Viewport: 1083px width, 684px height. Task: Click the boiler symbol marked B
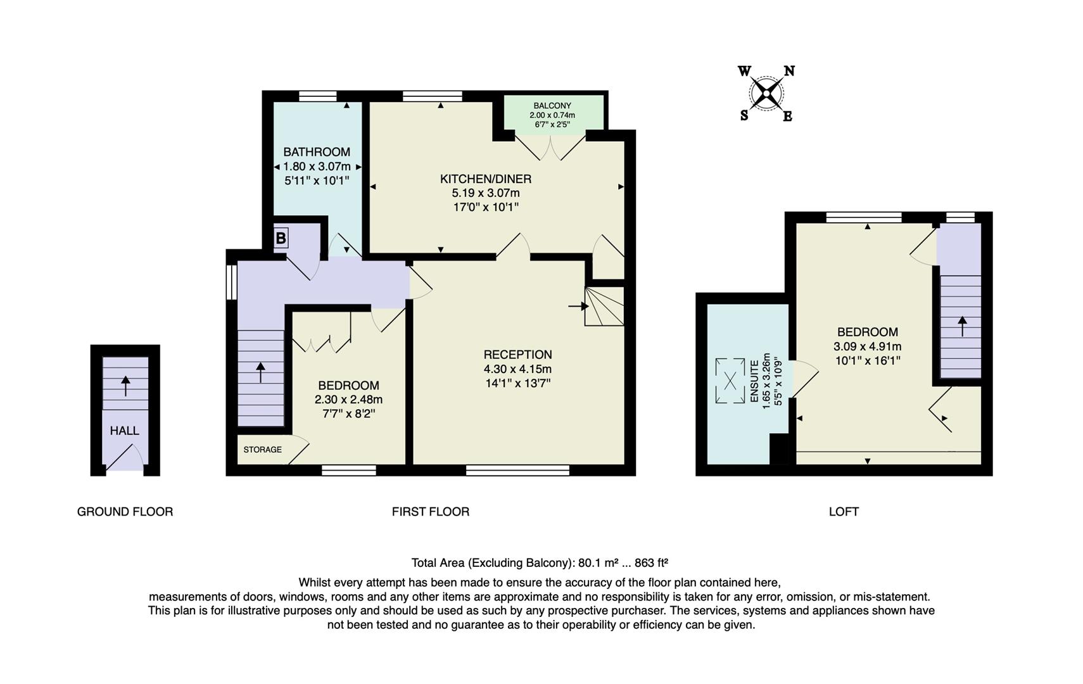pyautogui.click(x=281, y=239)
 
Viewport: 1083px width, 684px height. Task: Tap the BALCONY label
pyautogui.click(x=552, y=106)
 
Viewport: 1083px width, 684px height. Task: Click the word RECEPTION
pyautogui.click(x=517, y=355)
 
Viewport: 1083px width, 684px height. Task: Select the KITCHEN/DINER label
pyautogui.click(x=485, y=179)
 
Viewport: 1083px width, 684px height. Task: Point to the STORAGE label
pyautogui.click(x=262, y=450)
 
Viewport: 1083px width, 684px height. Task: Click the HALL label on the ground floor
pyautogui.click(x=124, y=431)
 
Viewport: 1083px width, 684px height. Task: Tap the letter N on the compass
pyautogui.click(x=789, y=71)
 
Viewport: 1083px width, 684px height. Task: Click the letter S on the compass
pyautogui.click(x=744, y=115)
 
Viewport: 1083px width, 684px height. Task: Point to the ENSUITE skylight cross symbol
pyautogui.click(x=730, y=381)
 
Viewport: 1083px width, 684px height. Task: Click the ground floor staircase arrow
pyautogui.click(x=125, y=385)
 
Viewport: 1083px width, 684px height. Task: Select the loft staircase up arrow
pyautogui.click(x=962, y=326)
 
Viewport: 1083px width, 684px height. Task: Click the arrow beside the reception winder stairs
pyautogui.click(x=578, y=307)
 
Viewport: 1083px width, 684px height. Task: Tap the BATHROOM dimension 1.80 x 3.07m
pyautogui.click(x=317, y=167)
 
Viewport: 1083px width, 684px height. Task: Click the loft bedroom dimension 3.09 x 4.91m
pyautogui.click(x=867, y=346)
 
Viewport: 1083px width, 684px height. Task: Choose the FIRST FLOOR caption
pyautogui.click(x=430, y=512)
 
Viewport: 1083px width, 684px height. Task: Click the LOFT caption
pyautogui.click(x=843, y=512)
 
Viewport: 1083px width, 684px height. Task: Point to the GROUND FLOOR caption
pyautogui.click(x=125, y=512)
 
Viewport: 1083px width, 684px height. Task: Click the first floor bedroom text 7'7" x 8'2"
pyautogui.click(x=348, y=414)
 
